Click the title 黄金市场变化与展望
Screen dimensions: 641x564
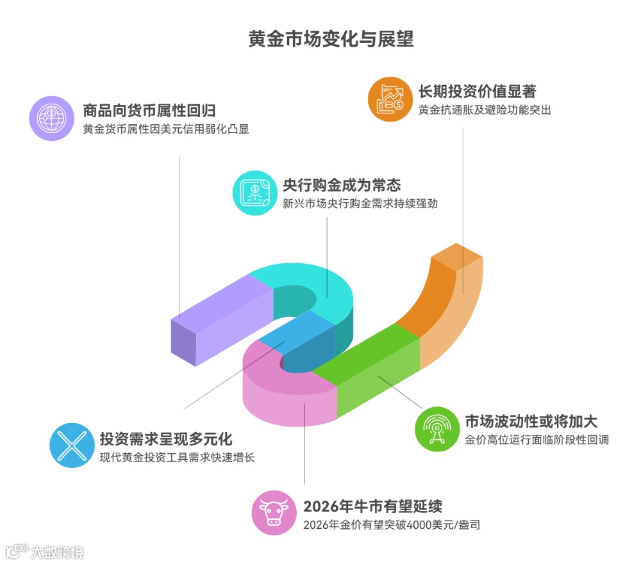331,39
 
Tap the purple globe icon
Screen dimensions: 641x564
52,118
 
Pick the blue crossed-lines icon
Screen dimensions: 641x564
71,446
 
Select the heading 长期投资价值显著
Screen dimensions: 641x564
477,92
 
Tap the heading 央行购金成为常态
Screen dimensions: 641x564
342,185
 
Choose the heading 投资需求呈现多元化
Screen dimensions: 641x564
165,439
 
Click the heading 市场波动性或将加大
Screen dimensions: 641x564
531,422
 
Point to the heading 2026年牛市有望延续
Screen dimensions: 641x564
372,506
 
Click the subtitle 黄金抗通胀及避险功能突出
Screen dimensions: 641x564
485,110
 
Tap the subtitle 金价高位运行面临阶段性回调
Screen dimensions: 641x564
537,440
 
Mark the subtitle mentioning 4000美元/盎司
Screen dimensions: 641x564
391,525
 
